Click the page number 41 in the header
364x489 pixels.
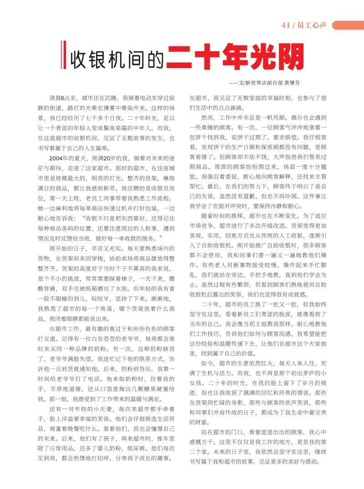[286, 25]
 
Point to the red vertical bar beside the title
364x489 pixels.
[64, 55]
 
